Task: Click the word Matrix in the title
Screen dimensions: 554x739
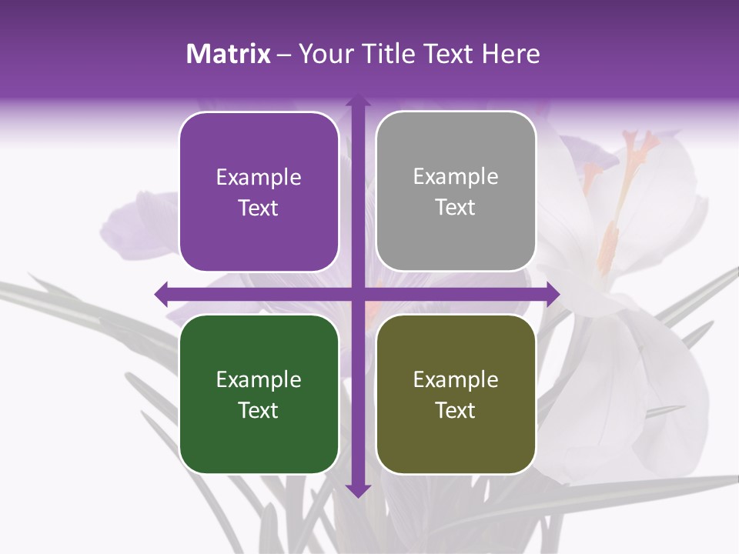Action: click(229, 54)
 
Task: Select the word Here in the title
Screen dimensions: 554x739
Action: click(511, 54)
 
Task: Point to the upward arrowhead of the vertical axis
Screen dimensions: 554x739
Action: click(357, 101)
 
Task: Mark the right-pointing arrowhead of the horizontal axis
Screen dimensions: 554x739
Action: click(552, 293)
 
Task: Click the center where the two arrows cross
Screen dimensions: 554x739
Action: click(357, 293)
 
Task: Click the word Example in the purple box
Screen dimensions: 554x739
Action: click(259, 178)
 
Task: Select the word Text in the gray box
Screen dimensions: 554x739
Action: click(456, 208)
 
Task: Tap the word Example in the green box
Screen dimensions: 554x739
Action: click(259, 380)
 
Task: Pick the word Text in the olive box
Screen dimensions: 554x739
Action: click(456, 410)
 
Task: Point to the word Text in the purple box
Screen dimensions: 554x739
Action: click(259, 208)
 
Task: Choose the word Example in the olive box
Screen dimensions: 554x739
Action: click(456, 380)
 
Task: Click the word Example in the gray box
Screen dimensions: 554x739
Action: click(456, 177)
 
